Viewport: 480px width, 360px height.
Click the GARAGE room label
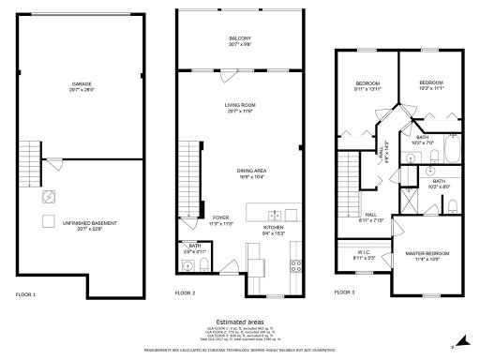pyautogui.click(x=82, y=84)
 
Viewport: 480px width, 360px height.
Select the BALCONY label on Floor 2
pyautogui.click(x=240, y=38)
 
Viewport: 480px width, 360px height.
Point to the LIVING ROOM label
pyautogui.click(x=240, y=107)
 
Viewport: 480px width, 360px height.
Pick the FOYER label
pyautogui.click(x=221, y=217)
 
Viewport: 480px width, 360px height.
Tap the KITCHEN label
pyautogui.click(x=273, y=228)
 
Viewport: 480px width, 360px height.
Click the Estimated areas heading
pyautogui.click(x=240, y=321)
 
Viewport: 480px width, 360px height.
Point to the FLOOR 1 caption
pyautogui.click(x=26, y=293)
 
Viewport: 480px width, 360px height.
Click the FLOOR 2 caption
pyautogui.click(x=186, y=293)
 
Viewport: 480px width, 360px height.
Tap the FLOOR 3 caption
pyautogui.click(x=345, y=293)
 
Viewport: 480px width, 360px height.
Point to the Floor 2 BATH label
pyautogui.click(x=188, y=247)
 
